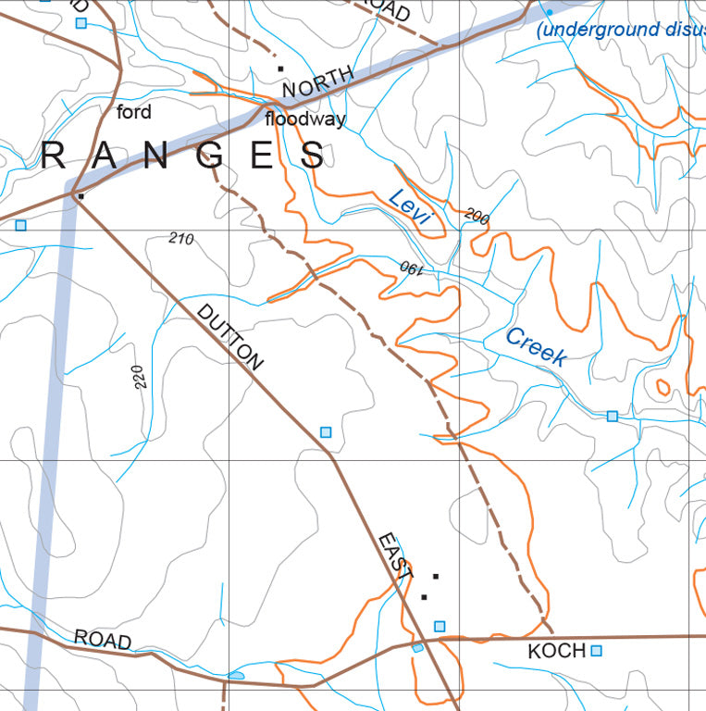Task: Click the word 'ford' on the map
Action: (134, 113)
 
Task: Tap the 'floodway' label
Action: (305, 119)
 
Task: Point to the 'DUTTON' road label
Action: (230, 337)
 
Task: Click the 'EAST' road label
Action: (394, 556)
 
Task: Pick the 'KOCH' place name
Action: (557, 652)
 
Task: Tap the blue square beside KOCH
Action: (597, 651)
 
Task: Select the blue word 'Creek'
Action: (536, 347)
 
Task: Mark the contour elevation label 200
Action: (477, 217)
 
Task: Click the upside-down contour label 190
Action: (411, 269)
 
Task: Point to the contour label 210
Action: (181, 239)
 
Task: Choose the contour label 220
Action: (139, 375)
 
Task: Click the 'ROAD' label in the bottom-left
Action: (103, 640)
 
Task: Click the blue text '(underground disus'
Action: (622, 30)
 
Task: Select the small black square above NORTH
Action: (279, 68)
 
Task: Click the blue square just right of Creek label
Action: (612, 417)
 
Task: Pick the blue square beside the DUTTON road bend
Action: (325, 432)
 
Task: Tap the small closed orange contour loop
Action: (663, 386)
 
